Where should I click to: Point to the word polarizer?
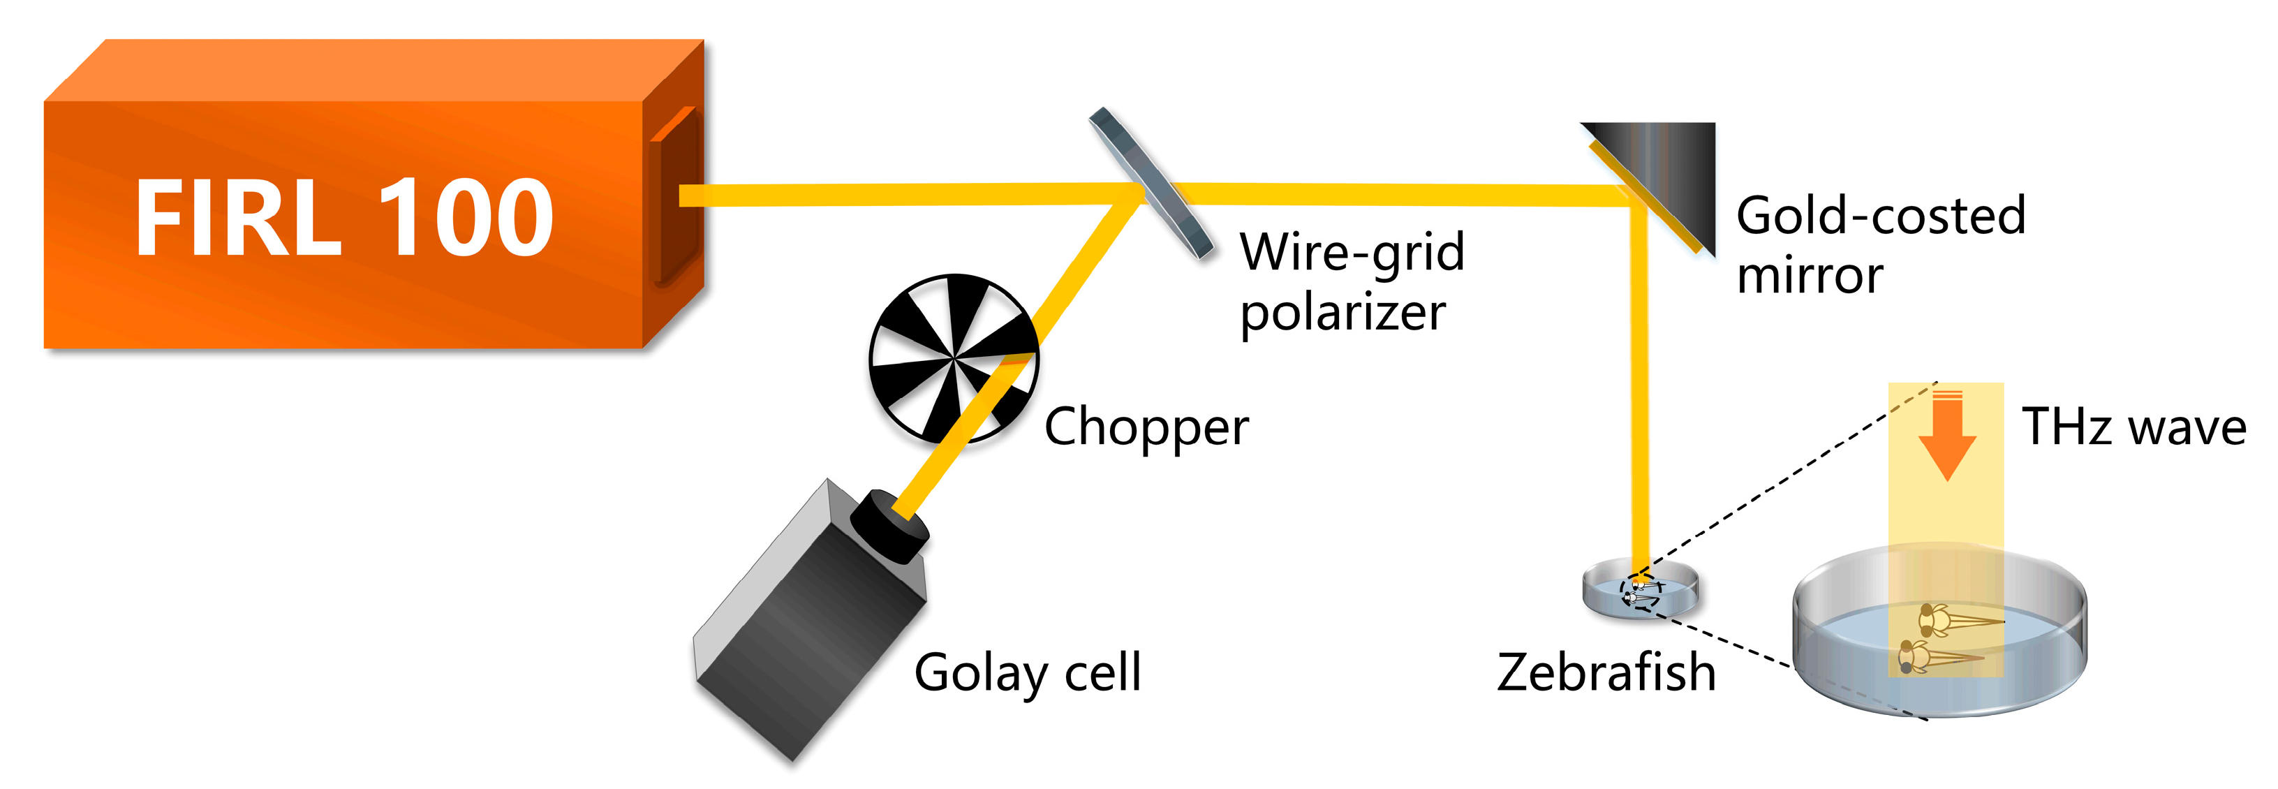click(x=1342, y=312)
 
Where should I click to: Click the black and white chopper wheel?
click(x=953, y=358)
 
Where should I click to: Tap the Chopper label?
click(x=1146, y=427)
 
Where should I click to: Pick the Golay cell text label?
click(x=1028, y=673)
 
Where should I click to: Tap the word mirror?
click(x=1810, y=276)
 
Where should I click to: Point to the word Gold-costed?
click(x=1880, y=216)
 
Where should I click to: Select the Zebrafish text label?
click(x=1606, y=672)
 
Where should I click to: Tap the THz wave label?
click(x=2133, y=427)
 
